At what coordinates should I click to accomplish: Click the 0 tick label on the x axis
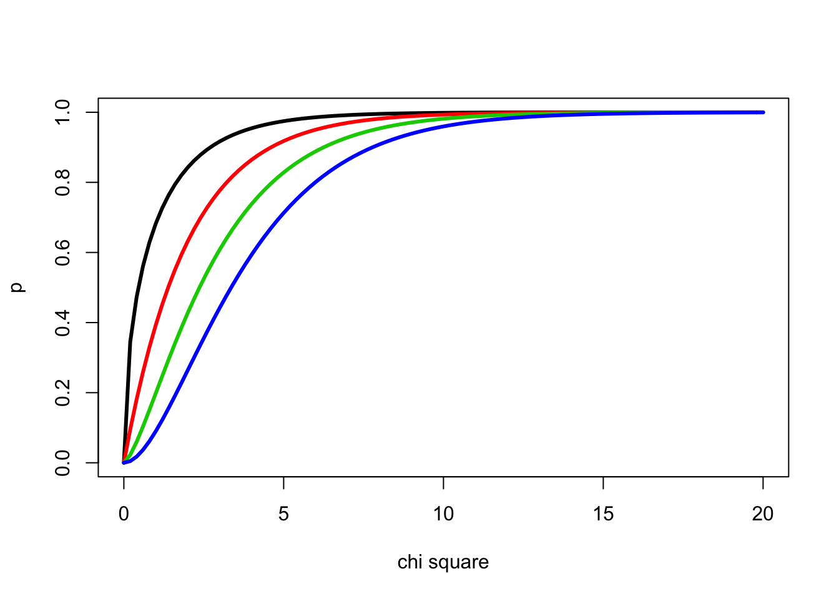[124, 514]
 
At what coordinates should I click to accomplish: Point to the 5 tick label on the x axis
[283, 514]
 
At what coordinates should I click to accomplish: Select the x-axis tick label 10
[443, 514]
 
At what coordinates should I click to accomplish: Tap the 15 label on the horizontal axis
[603, 514]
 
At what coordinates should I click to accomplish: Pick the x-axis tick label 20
[763, 514]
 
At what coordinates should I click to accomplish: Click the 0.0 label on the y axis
[62, 462]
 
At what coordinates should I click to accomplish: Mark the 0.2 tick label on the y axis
[62, 392]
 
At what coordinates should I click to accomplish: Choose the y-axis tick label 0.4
[62, 323]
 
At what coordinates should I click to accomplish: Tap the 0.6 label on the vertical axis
[62, 252]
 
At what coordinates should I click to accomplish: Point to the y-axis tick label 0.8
[62, 182]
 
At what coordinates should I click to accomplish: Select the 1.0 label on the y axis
[62, 112]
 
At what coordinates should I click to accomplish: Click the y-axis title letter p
[19, 287]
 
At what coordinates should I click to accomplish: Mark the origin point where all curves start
[124, 462]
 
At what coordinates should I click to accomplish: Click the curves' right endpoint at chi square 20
[763, 112]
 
